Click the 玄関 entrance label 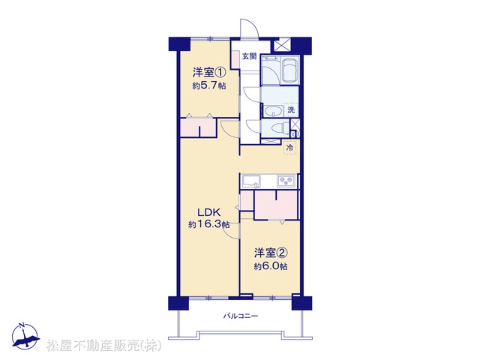point(250,56)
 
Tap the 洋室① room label point(209,73)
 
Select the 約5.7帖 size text point(209,86)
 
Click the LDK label point(208,211)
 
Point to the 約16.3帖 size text point(209,225)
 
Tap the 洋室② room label point(271,253)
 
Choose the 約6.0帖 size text point(271,266)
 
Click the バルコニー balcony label point(240,316)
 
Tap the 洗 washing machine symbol point(291,109)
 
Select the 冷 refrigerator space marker point(289,148)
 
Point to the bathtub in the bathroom point(290,70)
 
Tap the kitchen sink point(251,181)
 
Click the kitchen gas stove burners point(286,181)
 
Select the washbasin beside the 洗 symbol point(273,111)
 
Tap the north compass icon point(25,335)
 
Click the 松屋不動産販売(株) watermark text point(103,346)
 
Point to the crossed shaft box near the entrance point(282,45)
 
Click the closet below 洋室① point(198,127)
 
